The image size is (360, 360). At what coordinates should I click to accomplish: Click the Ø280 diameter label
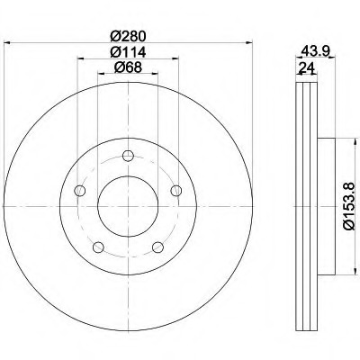128,37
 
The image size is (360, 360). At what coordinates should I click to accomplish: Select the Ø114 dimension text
128,52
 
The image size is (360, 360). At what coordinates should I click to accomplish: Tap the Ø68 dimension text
128,67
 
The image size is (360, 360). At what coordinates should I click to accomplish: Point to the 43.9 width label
313,50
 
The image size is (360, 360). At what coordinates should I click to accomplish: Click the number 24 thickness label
307,68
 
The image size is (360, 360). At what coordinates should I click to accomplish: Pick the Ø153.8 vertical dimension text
348,206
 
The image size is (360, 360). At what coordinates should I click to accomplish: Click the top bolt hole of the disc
128,156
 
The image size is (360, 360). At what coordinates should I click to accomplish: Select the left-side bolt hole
80,191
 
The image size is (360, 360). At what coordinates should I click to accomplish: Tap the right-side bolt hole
176,191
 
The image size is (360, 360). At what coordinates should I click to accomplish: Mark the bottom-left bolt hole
98,247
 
